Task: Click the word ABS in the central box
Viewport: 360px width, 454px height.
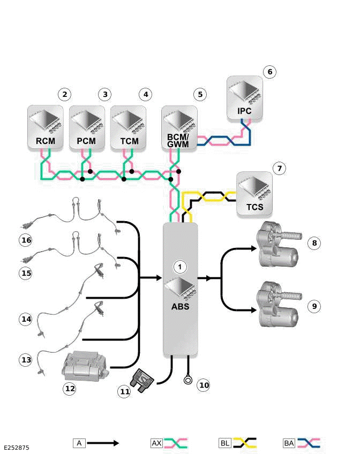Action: coord(180,307)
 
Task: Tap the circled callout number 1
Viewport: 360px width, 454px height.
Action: coord(181,266)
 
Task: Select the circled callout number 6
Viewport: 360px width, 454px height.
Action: coord(270,72)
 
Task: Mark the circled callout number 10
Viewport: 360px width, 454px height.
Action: coord(203,384)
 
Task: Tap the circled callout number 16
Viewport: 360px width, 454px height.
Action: coord(26,240)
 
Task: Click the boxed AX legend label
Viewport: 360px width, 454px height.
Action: coord(156,443)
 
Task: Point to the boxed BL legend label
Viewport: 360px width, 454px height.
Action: coord(225,443)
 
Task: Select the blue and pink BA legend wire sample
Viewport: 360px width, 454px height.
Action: coord(309,443)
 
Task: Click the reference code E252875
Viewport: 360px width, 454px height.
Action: coord(17,447)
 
